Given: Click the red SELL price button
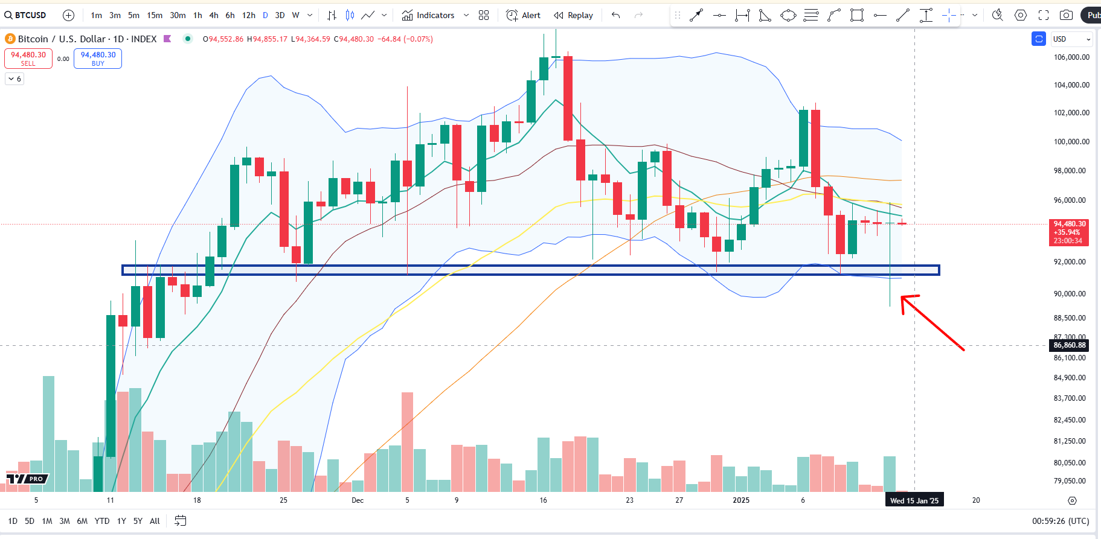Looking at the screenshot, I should pyautogui.click(x=28, y=59).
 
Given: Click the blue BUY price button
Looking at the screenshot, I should pyautogui.click(x=98, y=59).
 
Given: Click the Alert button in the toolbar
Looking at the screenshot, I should pyautogui.click(x=524, y=15).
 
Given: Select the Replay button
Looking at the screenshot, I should pyautogui.click(x=574, y=15).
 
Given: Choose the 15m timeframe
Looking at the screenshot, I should pyautogui.click(x=155, y=15).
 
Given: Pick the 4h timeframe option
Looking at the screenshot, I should pyautogui.click(x=214, y=15).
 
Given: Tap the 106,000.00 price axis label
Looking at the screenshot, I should pyautogui.click(x=1071, y=57).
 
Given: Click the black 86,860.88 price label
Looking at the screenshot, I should pyautogui.click(x=1070, y=345).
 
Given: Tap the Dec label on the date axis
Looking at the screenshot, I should pyautogui.click(x=358, y=500).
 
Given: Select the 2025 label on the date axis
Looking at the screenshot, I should pyautogui.click(x=741, y=500).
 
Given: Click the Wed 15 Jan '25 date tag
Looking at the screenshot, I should pyautogui.click(x=914, y=500).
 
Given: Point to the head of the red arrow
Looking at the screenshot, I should pyautogui.click(x=902, y=297).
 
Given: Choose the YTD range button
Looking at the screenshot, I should pyautogui.click(x=102, y=521).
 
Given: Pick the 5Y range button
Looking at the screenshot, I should pyautogui.click(x=138, y=521).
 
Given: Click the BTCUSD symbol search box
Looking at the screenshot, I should pyautogui.click(x=26, y=15).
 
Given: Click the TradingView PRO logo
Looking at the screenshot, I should pyautogui.click(x=27, y=479).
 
